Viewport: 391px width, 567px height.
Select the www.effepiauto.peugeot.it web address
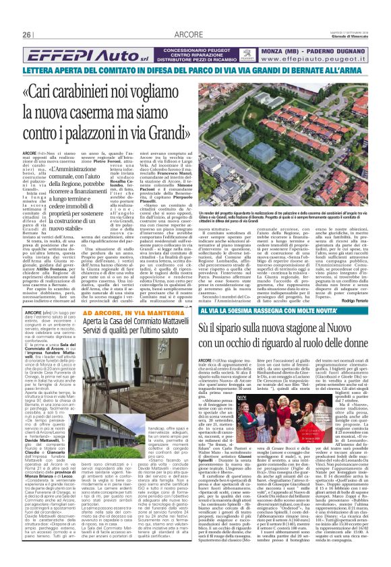(315, 59)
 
